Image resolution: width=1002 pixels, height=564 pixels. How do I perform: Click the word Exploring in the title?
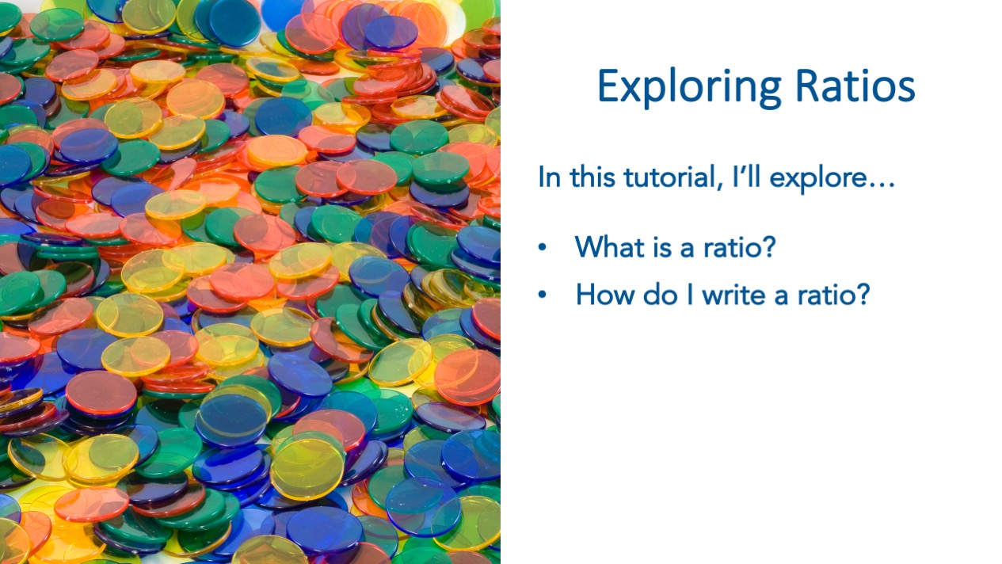689,88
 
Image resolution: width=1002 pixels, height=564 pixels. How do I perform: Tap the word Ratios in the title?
855,86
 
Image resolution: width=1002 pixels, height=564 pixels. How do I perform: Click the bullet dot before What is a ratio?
543,247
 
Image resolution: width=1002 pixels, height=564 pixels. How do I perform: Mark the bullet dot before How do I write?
543,295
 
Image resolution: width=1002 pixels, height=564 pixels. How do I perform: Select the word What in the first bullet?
610,246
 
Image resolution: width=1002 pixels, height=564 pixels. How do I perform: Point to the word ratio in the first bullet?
732,247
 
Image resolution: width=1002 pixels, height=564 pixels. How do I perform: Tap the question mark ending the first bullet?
768,246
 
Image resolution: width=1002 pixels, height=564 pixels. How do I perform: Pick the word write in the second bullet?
733,295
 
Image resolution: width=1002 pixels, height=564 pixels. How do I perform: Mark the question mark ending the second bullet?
863,294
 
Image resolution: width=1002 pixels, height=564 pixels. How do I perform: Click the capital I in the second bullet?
690,295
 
